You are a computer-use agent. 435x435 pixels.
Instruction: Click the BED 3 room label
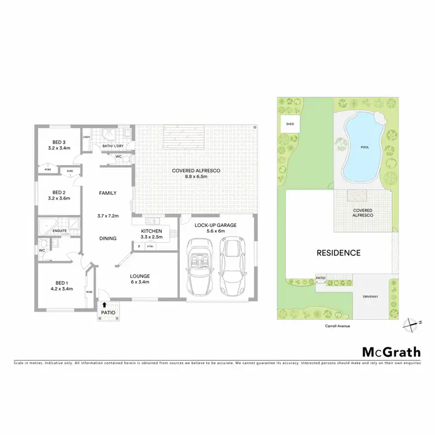click(x=57, y=142)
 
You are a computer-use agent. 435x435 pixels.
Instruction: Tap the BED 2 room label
click(x=57, y=193)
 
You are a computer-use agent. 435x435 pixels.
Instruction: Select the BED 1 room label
click(x=60, y=284)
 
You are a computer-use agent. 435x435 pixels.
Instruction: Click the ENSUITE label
click(x=60, y=230)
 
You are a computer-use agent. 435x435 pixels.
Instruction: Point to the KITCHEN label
click(x=151, y=231)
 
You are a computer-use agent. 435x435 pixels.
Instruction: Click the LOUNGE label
click(x=140, y=276)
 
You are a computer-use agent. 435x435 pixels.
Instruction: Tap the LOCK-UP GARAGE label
click(x=217, y=224)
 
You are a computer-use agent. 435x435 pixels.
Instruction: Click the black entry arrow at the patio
click(x=104, y=304)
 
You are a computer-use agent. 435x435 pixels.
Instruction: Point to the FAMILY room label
click(x=108, y=193)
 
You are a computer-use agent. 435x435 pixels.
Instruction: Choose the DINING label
click(x=108, y=238)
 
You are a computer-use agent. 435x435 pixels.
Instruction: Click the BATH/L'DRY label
click(x=114, y=146)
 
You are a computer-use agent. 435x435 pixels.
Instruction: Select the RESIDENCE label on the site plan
click(x=338, y=253)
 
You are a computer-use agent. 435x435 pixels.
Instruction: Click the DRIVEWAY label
click(x=370, y=297)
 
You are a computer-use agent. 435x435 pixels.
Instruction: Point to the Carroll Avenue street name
click(x=338, y=326)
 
